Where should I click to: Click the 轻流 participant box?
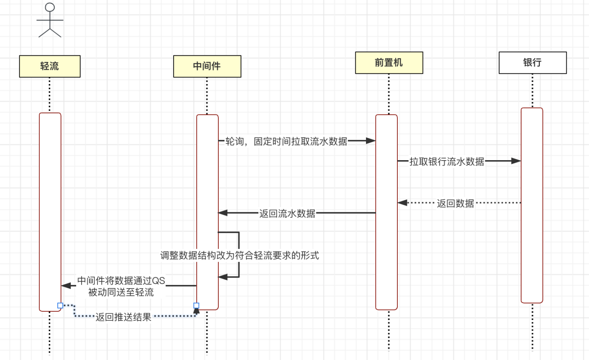pyautogui.click(x=50, y=66)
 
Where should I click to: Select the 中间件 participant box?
pyautogui.click(x=207, y=66)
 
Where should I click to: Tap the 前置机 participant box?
pyautogui.click(x=389, y=62)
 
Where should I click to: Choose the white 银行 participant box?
pyautogui.click(x=533, y=62)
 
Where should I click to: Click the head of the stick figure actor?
pyautogui.click(x=50, y=7)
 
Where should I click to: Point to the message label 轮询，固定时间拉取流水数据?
pyautogui.click(x=286, y=141)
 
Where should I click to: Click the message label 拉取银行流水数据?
pyautogui.click(x=447, y=161)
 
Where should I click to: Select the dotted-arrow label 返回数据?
pyautogui.click(x=455, y=203)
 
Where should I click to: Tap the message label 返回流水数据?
pyautogui.click(x=287, y=214)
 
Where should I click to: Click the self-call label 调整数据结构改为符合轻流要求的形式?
pyautogui.click(x=240, y=255)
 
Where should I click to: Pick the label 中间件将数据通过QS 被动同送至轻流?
pyautogui.click(x=121, y=286)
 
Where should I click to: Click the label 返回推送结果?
pyautogui.click(x=123, y=317)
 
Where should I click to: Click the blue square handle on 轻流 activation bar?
pyautogui.click(x=60, y=305)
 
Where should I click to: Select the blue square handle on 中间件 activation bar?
pyautogui.click(x=196, y=305)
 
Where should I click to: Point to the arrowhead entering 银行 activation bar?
pyautogui.click(x=516, y=161)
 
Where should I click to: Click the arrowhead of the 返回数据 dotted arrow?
pyautogui.click(x=402, y=203)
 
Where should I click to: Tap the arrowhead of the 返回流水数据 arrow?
pyautogui.click(x=223, y=213)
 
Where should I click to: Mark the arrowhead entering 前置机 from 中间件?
pyautogui.click(x=371, y=141)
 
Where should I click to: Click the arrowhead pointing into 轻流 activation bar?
pyautogui.click(x=66, y=285)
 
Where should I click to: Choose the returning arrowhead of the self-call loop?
pyautogui.click(x=223, y=277)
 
